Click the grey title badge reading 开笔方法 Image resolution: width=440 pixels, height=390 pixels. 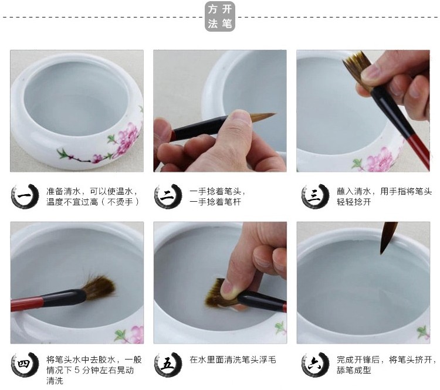(220, 16)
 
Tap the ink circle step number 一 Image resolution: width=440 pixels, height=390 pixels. (25, 196)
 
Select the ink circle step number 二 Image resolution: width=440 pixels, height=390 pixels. (168, 196)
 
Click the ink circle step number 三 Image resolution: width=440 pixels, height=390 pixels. (315, 196)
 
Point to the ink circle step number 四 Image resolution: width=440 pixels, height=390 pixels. (25, 365)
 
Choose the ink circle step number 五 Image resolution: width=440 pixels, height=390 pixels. (168, 365)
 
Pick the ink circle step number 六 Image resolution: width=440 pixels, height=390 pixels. (315, 365)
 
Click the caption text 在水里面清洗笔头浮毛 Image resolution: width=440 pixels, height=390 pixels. (233, 360)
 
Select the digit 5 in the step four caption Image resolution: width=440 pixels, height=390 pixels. (77, 371)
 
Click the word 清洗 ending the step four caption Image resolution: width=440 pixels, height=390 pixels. (55, 381)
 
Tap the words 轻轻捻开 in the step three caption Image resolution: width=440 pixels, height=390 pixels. (354, 202)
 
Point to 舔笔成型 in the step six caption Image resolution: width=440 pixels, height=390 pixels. (354, 370)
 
